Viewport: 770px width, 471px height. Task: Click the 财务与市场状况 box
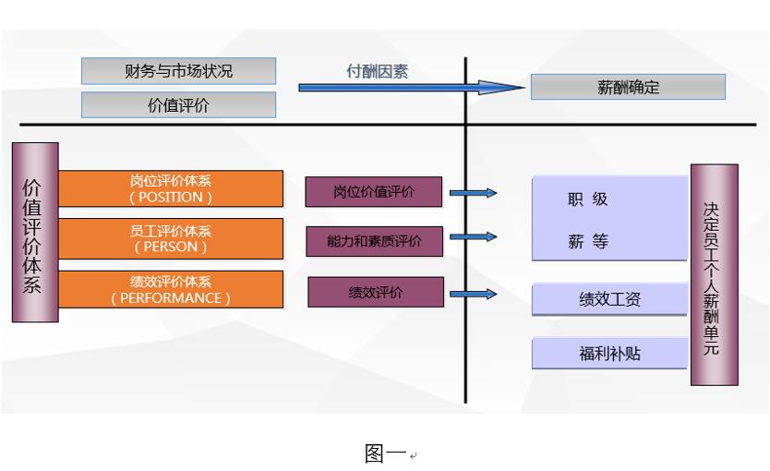[178, 71]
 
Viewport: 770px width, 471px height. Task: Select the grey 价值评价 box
[178, 104]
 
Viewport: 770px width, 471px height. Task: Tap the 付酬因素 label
[377, 71]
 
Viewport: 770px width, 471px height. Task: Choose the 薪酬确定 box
[628, 88]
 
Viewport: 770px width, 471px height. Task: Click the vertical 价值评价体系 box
[35, 232]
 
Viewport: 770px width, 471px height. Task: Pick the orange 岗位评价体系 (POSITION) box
[171, 188]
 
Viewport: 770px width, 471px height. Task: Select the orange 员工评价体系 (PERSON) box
[171, 238]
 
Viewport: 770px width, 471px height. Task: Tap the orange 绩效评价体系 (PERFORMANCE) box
[171, 289]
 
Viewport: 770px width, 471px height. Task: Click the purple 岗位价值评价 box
[374, 192]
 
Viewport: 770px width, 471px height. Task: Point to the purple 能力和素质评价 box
[374, 241]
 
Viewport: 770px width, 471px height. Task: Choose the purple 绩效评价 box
[376, 292]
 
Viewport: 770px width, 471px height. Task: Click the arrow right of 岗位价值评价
[473, 193]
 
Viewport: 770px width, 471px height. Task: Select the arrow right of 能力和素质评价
[473, 238]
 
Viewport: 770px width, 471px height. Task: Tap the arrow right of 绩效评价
[473, 295]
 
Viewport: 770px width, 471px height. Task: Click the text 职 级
[588, 199]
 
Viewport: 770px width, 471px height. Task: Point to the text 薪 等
[588, 242]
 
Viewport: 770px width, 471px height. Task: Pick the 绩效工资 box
[609, 299]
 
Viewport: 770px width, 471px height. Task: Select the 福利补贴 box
[609, 353]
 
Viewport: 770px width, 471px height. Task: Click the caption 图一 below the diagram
[385, 453]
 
